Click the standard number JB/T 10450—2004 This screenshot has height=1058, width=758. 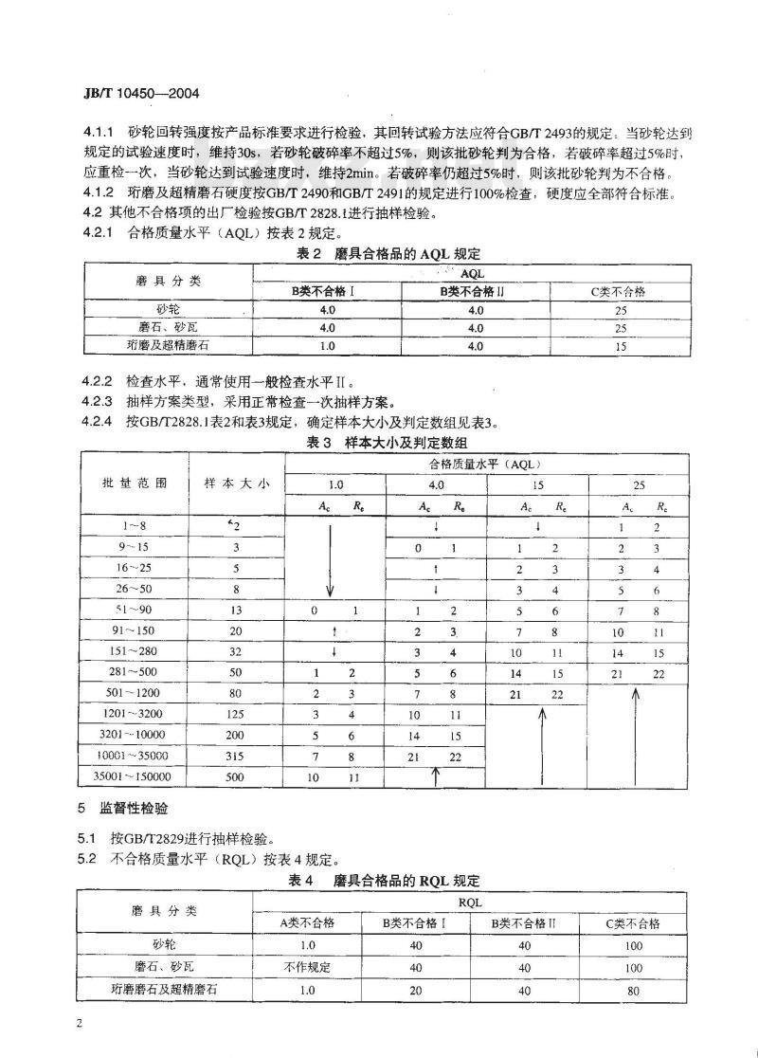(134, 95)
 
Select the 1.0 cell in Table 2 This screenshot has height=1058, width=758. (327, 347)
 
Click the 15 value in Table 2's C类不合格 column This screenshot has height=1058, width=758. (622, 347)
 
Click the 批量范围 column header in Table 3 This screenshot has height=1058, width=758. (134, 483)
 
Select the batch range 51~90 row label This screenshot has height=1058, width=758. (134, 611)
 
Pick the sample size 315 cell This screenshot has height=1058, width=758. (238, 756)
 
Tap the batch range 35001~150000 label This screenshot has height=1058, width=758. (134, 776)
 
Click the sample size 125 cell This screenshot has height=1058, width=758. (238, 714)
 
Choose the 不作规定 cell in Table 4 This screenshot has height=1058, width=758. (308, 966)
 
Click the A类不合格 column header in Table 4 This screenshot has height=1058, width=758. (308, 922)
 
